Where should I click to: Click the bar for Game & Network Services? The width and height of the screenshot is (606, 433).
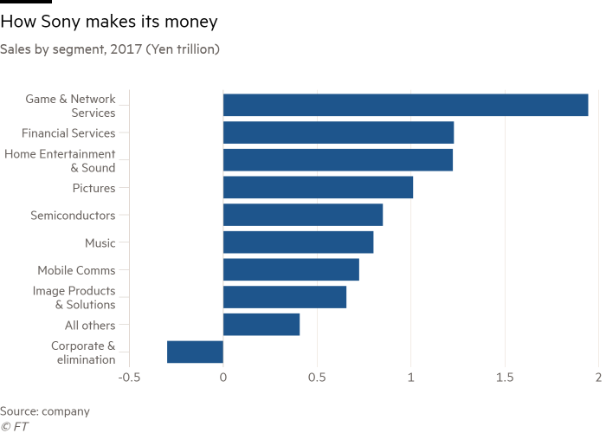(405, 106)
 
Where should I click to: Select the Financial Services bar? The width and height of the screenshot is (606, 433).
(338, 132)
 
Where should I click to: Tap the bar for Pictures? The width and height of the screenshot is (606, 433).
(318, 188)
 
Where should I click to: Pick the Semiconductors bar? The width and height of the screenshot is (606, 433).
(303, 215)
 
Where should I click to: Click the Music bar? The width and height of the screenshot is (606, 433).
(298, 242)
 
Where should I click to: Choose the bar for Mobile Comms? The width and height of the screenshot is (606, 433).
(291, 270)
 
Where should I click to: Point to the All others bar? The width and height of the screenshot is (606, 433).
(261, 325)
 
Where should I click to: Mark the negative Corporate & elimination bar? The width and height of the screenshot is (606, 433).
(195, 352)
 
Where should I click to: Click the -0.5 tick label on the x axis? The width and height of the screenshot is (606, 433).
(129, 378)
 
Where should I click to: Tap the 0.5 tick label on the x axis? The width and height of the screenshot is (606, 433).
(317, 378)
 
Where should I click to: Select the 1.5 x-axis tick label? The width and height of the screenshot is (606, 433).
(505, 378)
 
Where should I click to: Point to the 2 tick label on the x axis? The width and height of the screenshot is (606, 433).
(598, 378)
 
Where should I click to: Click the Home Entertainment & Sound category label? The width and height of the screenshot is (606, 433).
(60, 160)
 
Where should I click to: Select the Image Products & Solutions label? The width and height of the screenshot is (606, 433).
(74, 298)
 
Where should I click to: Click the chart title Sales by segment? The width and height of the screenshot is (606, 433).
(110, 49)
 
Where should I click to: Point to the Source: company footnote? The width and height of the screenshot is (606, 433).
(45, 411)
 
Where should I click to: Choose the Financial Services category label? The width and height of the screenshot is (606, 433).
(68, 132)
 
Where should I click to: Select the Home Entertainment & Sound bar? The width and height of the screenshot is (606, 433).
(338, 160)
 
